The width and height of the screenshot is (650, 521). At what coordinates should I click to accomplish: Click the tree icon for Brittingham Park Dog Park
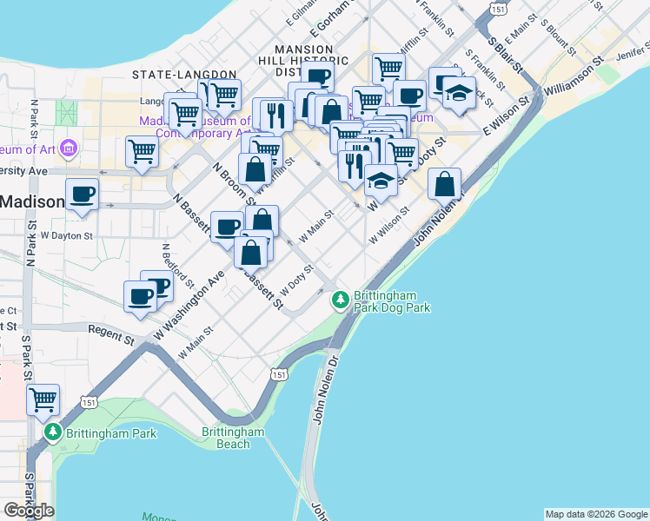coord(341,300)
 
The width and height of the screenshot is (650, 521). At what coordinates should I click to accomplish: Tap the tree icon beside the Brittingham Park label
coord(54,431)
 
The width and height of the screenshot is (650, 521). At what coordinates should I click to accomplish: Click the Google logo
coord(29,511)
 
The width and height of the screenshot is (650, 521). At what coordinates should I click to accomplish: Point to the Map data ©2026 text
coord(595,514)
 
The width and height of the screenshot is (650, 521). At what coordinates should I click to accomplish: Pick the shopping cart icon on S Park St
coord(43,399)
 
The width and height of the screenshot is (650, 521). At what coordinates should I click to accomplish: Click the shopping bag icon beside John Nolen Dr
coord(444,183)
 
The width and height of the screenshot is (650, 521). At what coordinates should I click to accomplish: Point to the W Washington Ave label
coord(190,305)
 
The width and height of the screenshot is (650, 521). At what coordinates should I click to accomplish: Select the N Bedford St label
coord(177,265)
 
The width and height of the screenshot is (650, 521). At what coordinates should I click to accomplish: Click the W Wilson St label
coord(388,224)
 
